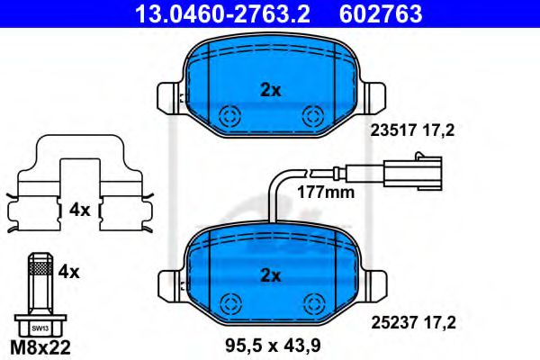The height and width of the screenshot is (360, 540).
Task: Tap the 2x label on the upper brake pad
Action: tap(271, 90)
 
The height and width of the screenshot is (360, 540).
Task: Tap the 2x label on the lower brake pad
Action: tap(271, 274)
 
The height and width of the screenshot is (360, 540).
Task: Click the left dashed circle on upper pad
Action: tap(229, 115)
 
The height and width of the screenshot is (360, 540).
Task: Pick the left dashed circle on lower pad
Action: tap(229, 302)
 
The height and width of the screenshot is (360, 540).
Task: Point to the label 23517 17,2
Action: tap(412, 130)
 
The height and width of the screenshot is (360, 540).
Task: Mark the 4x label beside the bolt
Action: tap(69, 269)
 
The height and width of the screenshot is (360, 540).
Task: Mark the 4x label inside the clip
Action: tap(79, 210)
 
